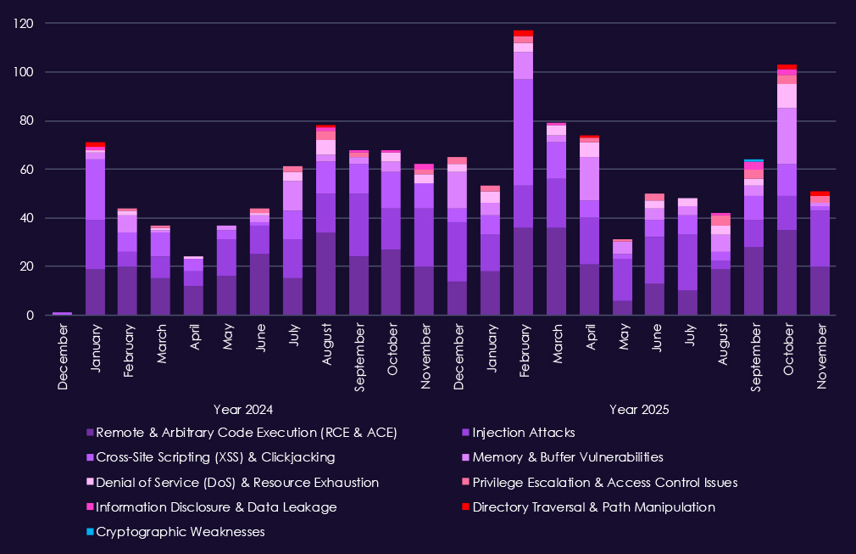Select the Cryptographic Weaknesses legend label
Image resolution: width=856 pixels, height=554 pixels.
(x=181, y=532)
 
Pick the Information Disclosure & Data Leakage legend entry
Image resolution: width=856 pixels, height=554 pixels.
(x=217, y=507)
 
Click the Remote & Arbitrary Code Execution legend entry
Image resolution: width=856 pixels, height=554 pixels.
(x=247, y=433)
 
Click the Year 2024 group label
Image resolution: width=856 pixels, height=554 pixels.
(x=242, y=409)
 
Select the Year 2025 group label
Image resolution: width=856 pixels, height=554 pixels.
(x=639, y=409)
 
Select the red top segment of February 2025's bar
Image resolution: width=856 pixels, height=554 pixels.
(x=523, y=33)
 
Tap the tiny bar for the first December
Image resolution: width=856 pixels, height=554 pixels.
(x=62, y=313)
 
